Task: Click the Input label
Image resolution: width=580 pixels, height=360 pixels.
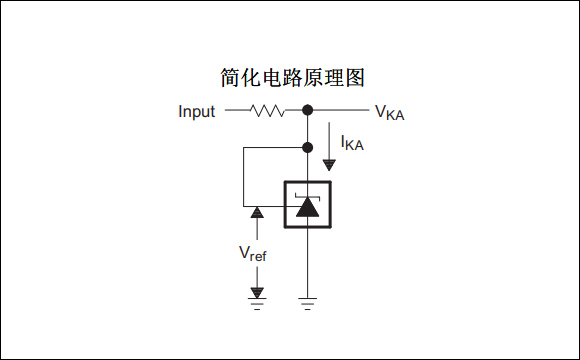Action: (196, 111)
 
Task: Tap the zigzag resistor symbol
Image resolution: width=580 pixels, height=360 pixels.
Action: (267, 110)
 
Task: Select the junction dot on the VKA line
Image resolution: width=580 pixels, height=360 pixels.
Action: (308, 110)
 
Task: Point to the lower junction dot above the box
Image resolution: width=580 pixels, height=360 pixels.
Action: (308, 147)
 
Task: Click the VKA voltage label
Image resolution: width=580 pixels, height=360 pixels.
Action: (391, 112)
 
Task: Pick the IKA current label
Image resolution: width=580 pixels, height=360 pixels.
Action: (352, 144)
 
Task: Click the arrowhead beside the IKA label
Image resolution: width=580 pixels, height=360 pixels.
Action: (329, 164)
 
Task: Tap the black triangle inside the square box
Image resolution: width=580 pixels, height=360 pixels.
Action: (308, 209)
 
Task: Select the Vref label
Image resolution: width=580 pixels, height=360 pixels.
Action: (252, 253)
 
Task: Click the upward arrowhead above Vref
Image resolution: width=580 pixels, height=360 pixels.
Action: (257, 212)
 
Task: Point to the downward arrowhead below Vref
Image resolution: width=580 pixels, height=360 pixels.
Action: (257, 292)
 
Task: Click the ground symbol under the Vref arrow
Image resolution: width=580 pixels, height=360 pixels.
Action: (257, 303)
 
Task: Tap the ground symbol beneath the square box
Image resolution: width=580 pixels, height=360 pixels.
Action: (308, 303)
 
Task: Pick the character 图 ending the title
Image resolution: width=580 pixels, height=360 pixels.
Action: (365, 77)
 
